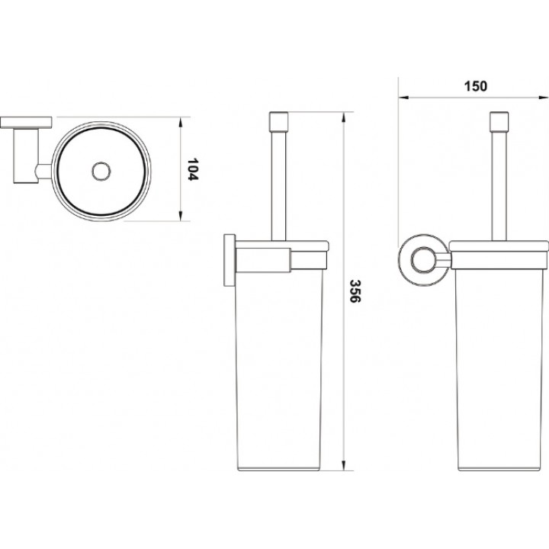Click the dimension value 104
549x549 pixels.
click(193, 169)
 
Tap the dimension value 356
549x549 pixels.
click(355, 291)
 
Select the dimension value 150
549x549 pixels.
click(476, 86)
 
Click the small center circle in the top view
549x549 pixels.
click(101, 172)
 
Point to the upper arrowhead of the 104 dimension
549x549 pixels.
click(181, 122)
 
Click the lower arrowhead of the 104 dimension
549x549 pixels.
click(181, 216)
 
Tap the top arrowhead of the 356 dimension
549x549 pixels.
click(344, 117)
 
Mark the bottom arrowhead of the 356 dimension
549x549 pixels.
click(344, 465)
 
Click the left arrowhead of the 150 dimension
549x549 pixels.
click(404, 98)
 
